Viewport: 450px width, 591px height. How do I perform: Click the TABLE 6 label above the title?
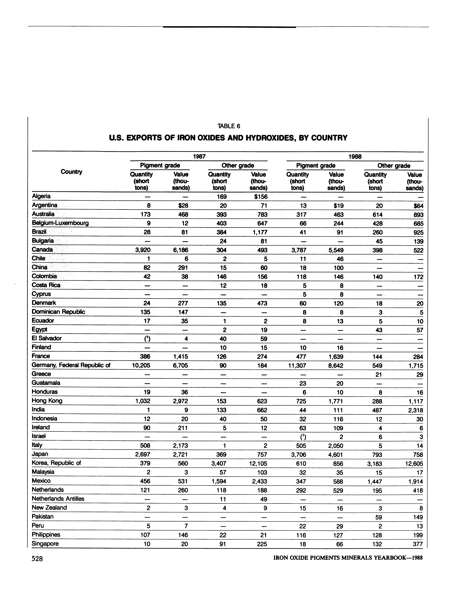coord(229,126)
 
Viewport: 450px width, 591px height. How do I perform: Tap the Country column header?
coord(71,172)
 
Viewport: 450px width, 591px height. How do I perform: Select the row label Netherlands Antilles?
coord(58,499)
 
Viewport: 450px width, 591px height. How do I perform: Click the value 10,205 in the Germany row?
coord(141,365)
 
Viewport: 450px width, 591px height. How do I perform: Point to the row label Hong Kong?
coord(47,400)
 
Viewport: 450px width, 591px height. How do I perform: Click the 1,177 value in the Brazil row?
coord(260,232)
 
